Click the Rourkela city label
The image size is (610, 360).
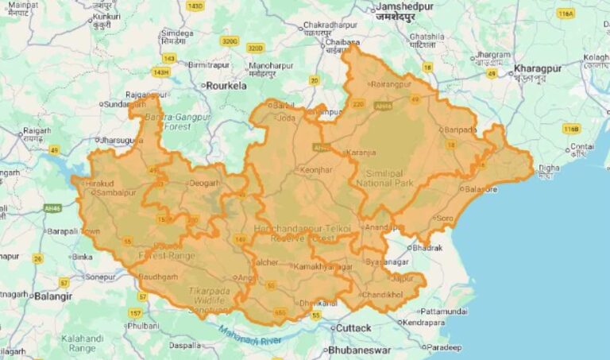[227, 84]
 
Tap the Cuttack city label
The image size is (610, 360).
[353, 327]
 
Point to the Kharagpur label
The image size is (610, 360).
[537, 68]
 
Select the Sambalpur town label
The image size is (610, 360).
[116, 192]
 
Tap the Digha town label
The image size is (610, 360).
[548, 168]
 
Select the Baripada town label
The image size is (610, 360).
[459, 129]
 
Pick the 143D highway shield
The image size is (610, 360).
[195, 6]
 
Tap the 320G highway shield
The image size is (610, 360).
[230, 41]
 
